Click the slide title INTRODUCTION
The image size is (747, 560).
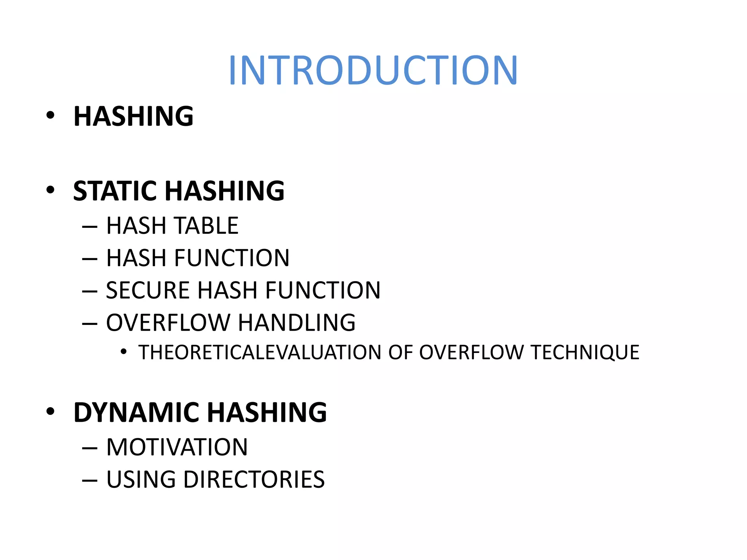coord(373,70)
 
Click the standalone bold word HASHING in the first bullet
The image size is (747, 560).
coord(133,116)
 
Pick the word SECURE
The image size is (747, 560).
coord(147,290)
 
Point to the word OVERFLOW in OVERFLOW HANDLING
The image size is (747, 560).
coord(168,323)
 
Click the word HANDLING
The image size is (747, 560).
coord(297,323)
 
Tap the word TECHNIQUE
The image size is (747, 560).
coord(585,353)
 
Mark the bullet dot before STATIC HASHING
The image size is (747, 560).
coord(50,190)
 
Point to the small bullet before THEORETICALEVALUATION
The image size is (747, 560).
coord(124,352)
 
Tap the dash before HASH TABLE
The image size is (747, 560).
coord(90,226)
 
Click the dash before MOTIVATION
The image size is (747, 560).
coord(90,448)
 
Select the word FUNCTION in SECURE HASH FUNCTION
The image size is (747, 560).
coord(323,290)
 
